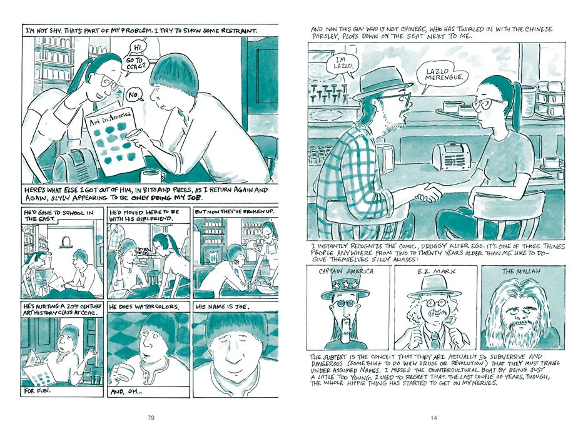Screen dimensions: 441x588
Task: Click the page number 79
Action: pyautogui.click(x=151, y=418)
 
